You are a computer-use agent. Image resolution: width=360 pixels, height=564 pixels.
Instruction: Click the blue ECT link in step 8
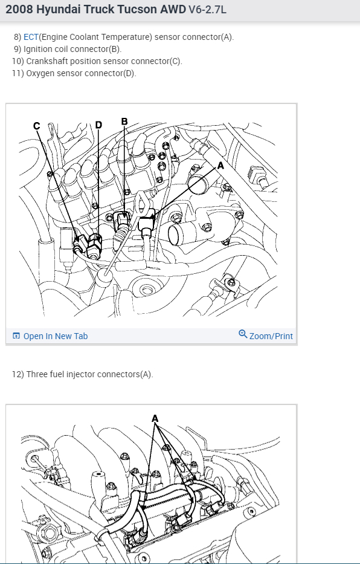[31, 37]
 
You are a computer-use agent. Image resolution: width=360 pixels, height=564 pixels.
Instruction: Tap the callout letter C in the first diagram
[36, 126]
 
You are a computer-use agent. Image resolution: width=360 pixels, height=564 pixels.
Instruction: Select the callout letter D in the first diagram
[99, 125]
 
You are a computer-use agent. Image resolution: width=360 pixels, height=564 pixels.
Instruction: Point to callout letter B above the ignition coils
[124, 122]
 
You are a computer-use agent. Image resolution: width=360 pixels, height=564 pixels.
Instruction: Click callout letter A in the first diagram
[220, 166]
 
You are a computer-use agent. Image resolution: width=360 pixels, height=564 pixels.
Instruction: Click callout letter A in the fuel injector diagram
[155, 419]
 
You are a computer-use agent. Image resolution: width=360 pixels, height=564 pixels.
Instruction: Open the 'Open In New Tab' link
[56, 336]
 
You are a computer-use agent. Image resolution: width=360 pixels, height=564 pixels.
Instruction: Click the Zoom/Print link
[271, 336]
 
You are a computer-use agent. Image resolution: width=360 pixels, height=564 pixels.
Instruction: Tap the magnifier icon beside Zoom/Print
[243, 334]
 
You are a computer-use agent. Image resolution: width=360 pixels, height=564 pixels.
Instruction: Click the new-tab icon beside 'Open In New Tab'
[16, 336]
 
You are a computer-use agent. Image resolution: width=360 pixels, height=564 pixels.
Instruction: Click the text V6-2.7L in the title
[207, 9]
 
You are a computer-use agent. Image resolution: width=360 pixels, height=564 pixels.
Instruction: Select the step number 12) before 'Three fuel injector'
[18, 374]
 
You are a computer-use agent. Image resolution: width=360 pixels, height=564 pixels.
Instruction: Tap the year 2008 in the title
[20, 9]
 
